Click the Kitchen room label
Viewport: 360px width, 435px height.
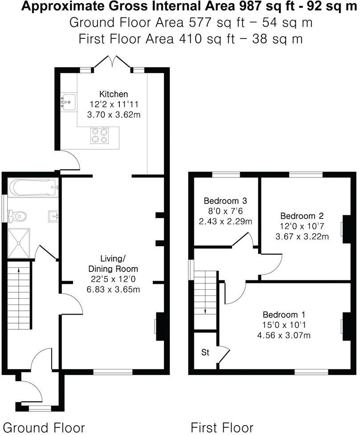click(113, 94)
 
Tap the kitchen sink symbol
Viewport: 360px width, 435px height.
click(68, 102)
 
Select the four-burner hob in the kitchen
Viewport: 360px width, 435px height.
click(100, 135)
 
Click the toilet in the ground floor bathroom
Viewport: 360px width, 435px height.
click(19, 216)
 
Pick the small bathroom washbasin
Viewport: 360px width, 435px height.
click(54, 216)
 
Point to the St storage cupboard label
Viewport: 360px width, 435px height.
click(205, 353)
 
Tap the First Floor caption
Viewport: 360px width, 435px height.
click(222, 427)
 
